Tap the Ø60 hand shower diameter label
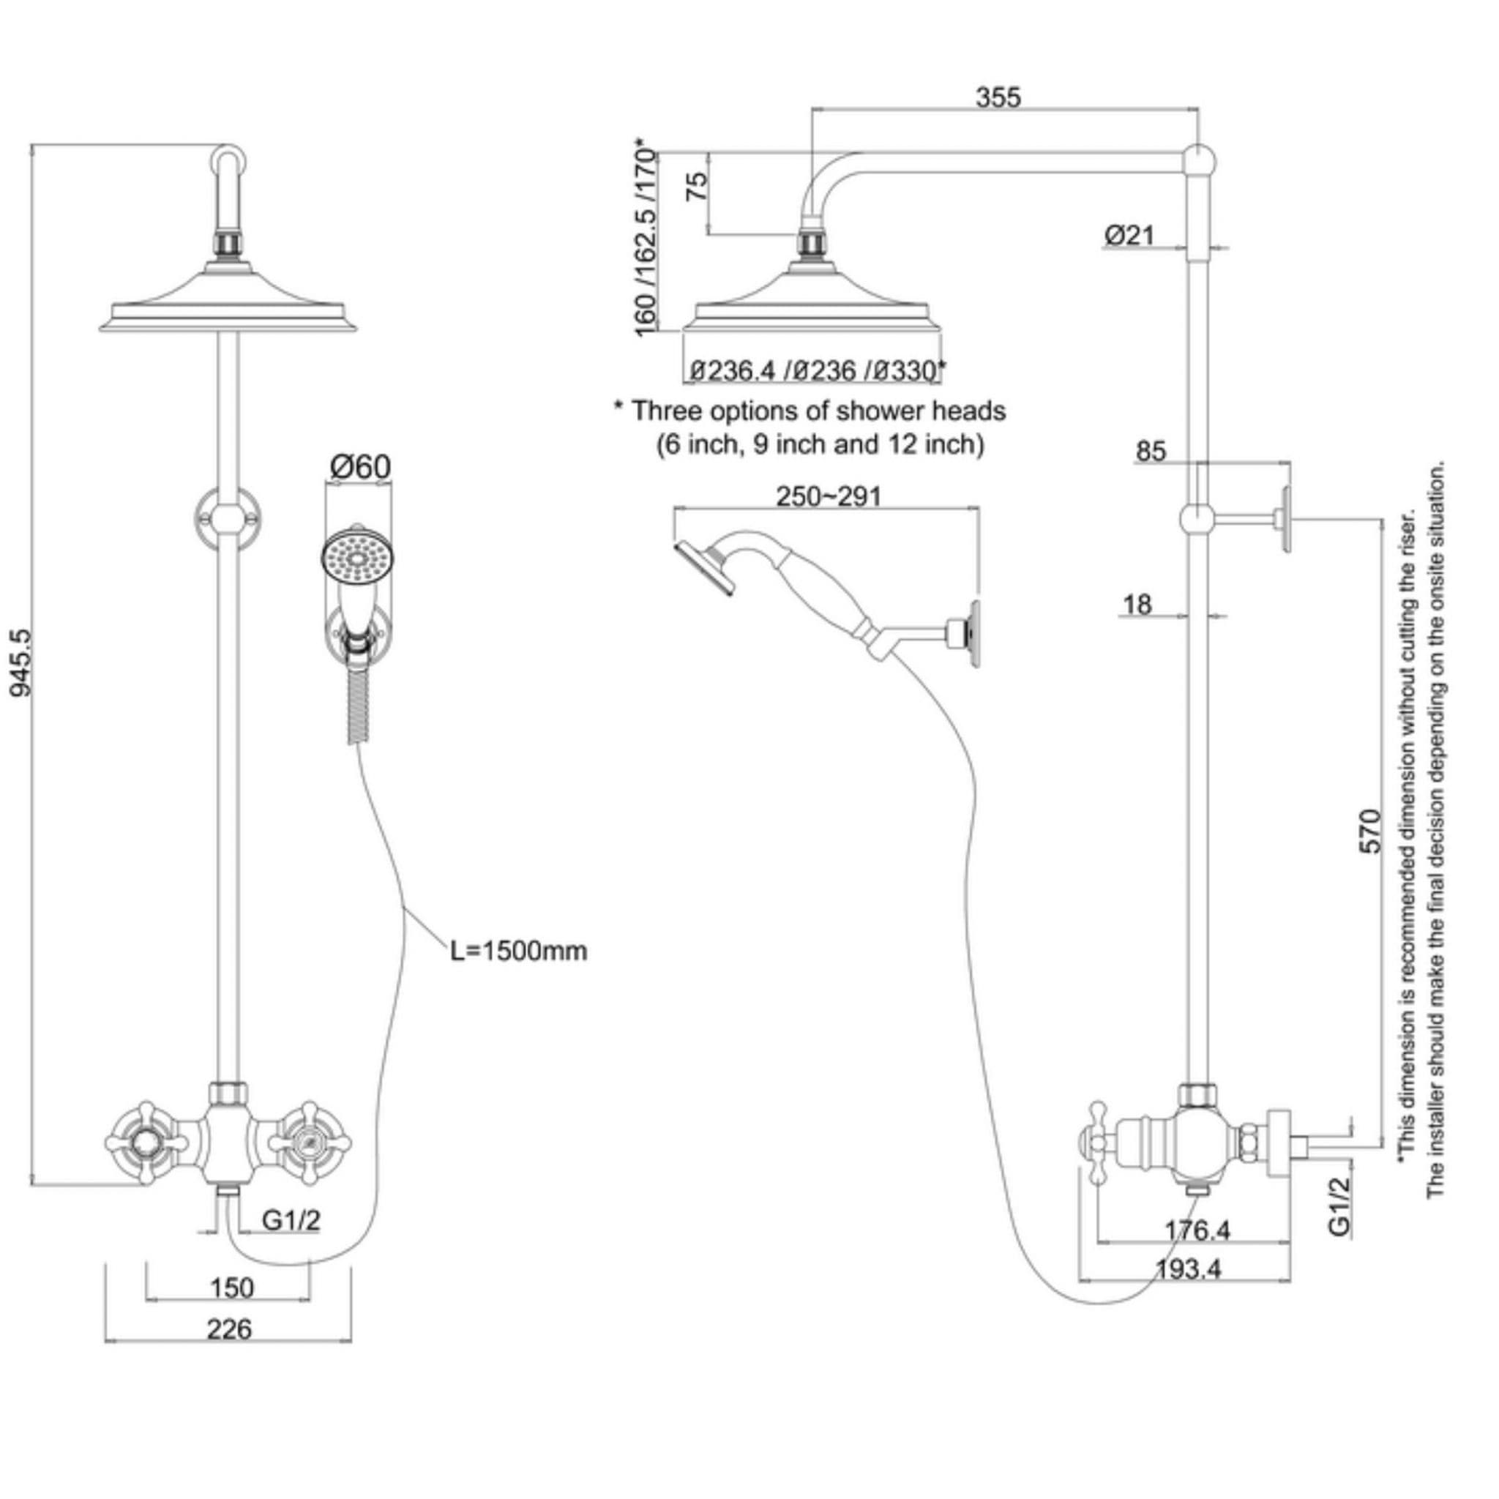pos(360,466)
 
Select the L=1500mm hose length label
pos(519,951)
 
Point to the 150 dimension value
pos(232,1288)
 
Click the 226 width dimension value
pos(230,1329)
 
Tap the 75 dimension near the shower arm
pos(698,186)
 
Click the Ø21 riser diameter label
pos(1129,234)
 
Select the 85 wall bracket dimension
pos(1151,451)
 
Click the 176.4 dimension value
pos(1198,1230)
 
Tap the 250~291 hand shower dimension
pos(829,496)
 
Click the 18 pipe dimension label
pos(1137,605)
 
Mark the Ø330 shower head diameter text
pos(907,371)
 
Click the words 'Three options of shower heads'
pos(818,411)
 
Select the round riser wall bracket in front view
pos(228,516)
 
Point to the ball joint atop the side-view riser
pos(1199,160)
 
